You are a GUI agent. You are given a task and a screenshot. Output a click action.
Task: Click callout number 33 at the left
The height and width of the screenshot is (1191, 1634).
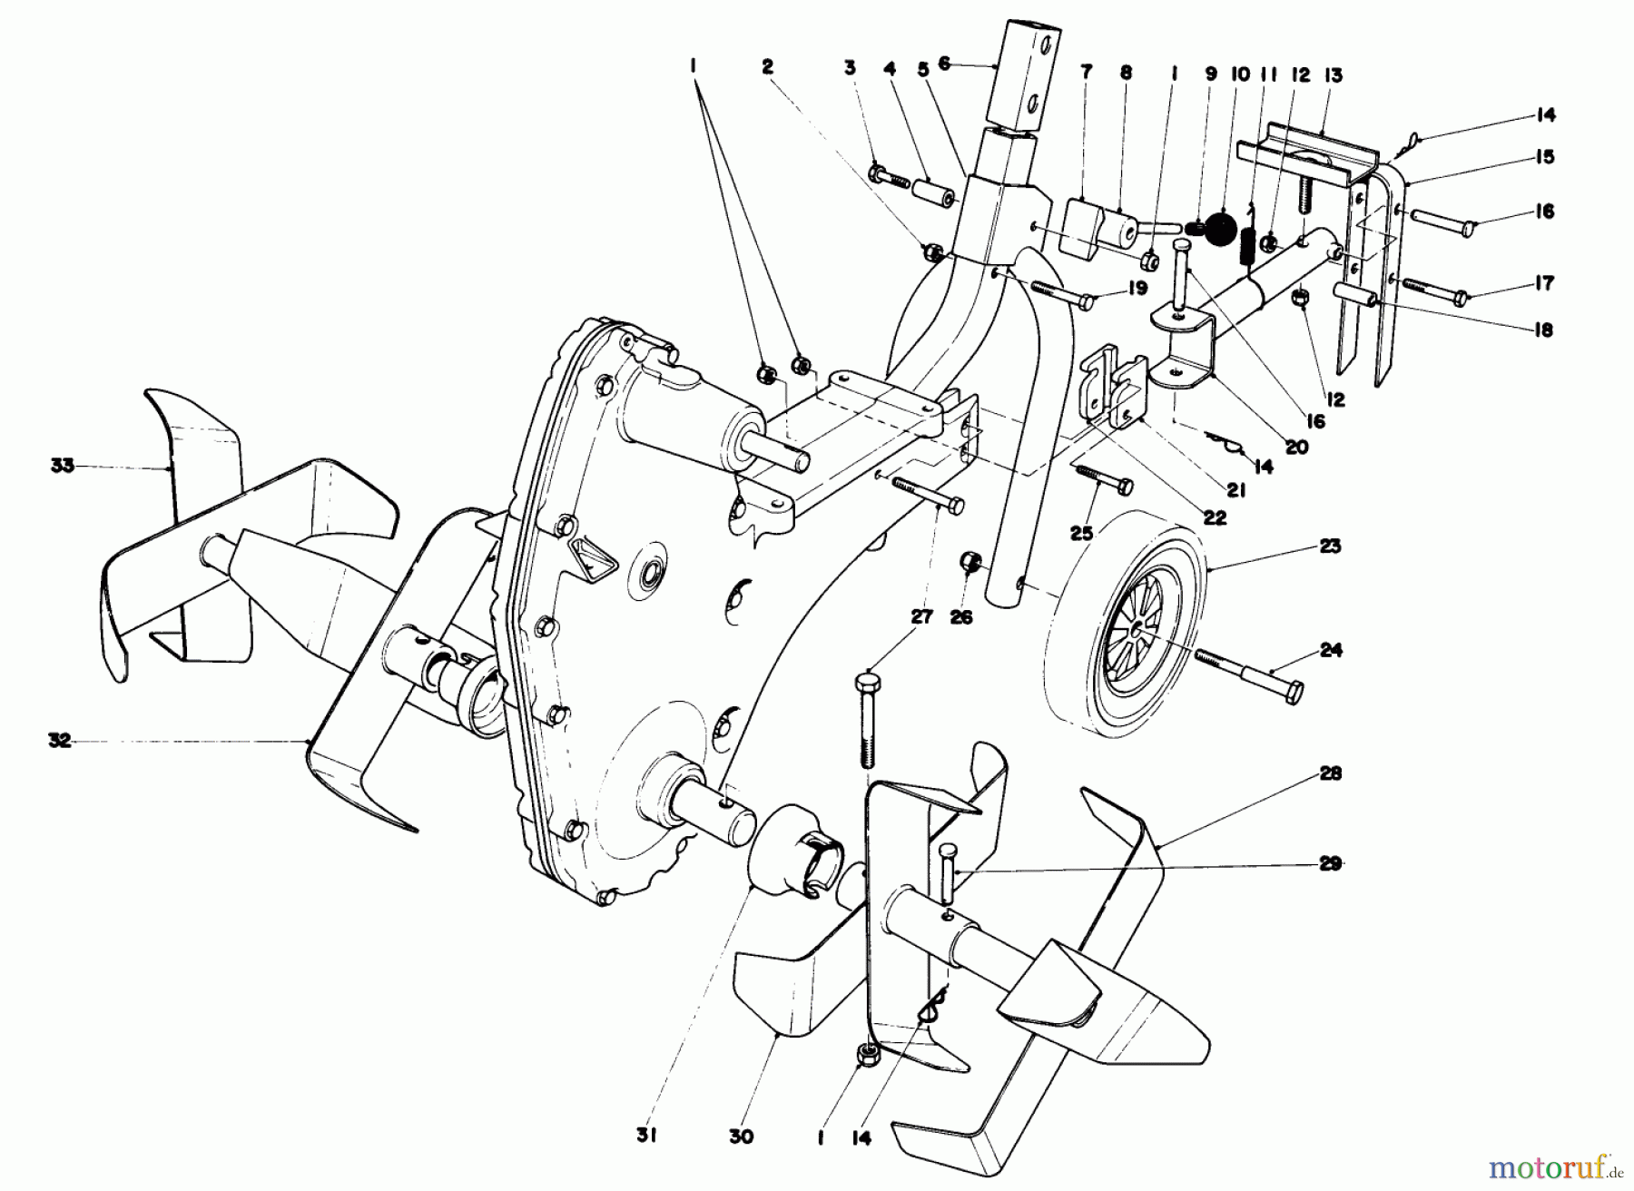click(62, 468)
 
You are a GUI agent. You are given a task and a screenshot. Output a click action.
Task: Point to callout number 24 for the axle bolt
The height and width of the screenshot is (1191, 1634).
click(1330, 650)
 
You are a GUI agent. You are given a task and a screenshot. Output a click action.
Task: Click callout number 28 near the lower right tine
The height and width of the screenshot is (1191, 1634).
click(1330, 773)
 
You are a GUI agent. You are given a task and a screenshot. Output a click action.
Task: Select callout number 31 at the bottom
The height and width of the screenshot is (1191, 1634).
click(647, 1136)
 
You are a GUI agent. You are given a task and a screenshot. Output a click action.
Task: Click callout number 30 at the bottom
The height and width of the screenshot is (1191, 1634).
click(741, 1136)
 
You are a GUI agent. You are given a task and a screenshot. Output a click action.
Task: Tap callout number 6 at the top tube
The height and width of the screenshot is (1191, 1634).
click(944, 64)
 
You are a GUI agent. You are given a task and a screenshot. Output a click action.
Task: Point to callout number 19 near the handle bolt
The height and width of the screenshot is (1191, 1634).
click(1114, 289)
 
